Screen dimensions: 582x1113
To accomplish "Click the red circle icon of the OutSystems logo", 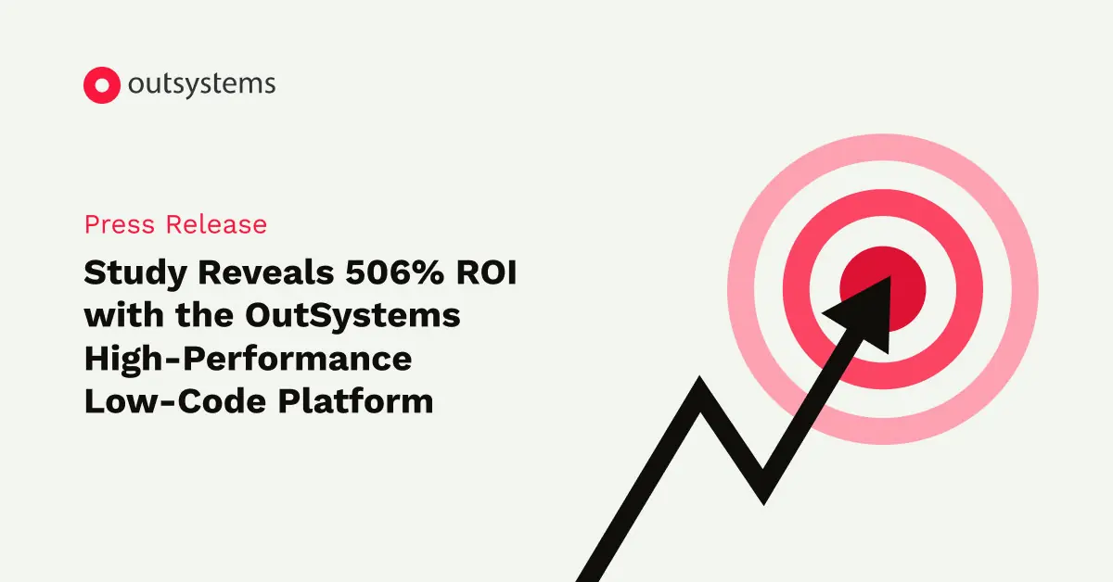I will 102,84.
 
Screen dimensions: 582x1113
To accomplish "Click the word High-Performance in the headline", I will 248,358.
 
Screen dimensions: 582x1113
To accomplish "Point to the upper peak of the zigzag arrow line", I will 702,388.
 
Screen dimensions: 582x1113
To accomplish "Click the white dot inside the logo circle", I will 102,84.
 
